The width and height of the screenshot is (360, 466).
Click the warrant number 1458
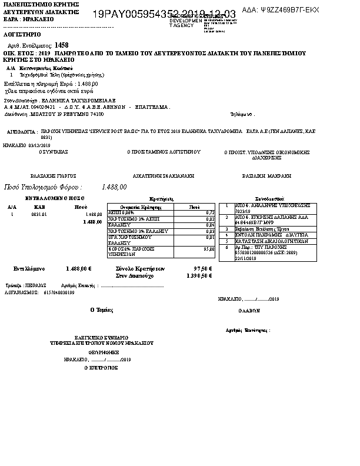(x=61, y=45)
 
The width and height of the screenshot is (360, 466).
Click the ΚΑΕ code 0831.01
(x=39, y=215)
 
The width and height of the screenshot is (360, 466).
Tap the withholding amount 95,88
(x=207, y=249)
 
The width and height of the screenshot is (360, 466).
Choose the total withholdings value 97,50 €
(x=202, y=268)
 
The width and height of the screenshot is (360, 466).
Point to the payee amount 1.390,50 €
(x=200, y=275)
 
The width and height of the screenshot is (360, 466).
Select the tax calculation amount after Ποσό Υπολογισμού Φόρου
(x=114, y=187)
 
